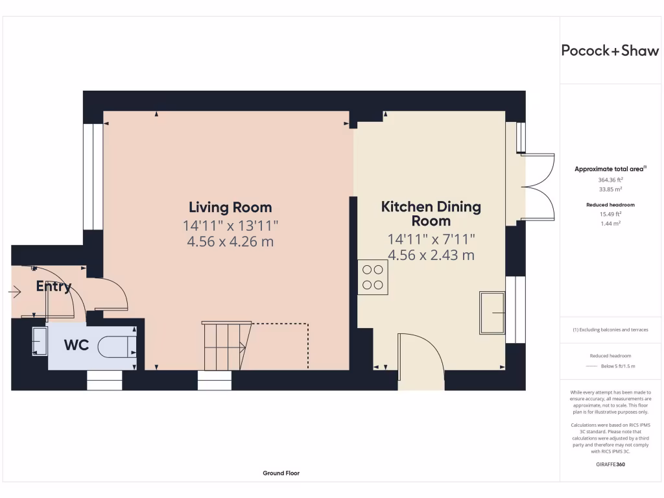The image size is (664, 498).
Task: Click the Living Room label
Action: (230, 207)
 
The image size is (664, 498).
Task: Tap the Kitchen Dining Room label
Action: (431, 214)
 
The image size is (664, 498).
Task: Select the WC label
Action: (77, 345)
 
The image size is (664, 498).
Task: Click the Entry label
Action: (54, 287)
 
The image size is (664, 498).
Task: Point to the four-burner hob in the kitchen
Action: (373, 278)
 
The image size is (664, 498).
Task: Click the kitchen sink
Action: (492, 313)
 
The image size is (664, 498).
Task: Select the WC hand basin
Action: (40, 341)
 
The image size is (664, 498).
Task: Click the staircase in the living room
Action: (226, 346)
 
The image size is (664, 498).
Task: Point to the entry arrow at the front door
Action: (15, 292)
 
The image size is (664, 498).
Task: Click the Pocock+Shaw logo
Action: (610, 51)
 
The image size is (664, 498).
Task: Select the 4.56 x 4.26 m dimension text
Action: (230, 242)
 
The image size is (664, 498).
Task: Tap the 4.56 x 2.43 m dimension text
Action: (431, 255)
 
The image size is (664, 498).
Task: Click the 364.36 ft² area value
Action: (611, 180)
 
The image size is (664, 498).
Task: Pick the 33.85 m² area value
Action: (611, 189)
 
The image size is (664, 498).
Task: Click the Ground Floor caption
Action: (281, 473)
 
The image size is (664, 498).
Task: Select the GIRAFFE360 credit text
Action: (611, 464)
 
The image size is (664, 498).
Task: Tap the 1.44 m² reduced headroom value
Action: (611, 224)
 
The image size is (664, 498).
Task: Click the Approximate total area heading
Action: (610, 169)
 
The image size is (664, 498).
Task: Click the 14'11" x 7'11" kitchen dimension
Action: (431, 239)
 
